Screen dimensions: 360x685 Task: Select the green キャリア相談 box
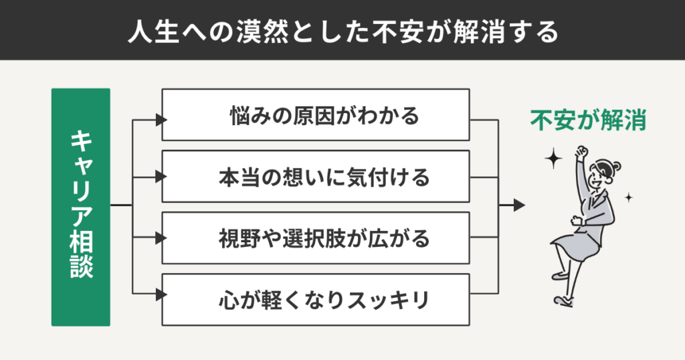coord(80,207)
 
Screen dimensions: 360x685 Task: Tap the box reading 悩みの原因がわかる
coord(316,116)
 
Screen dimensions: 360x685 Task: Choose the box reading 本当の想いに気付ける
coord(316,177)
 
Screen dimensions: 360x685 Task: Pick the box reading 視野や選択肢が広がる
coord(316,238)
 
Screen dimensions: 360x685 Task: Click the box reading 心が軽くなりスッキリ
coord(316,299)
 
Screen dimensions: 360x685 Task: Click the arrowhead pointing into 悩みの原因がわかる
coord(160,120)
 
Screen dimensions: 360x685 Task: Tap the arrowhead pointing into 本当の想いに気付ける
coord(160,178)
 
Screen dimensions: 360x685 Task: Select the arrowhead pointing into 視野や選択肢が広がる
coord(160,238)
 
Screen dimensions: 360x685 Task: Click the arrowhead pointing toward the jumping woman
coord(519,205)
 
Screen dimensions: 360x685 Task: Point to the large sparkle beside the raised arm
coord(553,159)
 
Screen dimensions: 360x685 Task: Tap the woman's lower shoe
coord(564,300)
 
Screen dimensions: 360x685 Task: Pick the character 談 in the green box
coord(80,267)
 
